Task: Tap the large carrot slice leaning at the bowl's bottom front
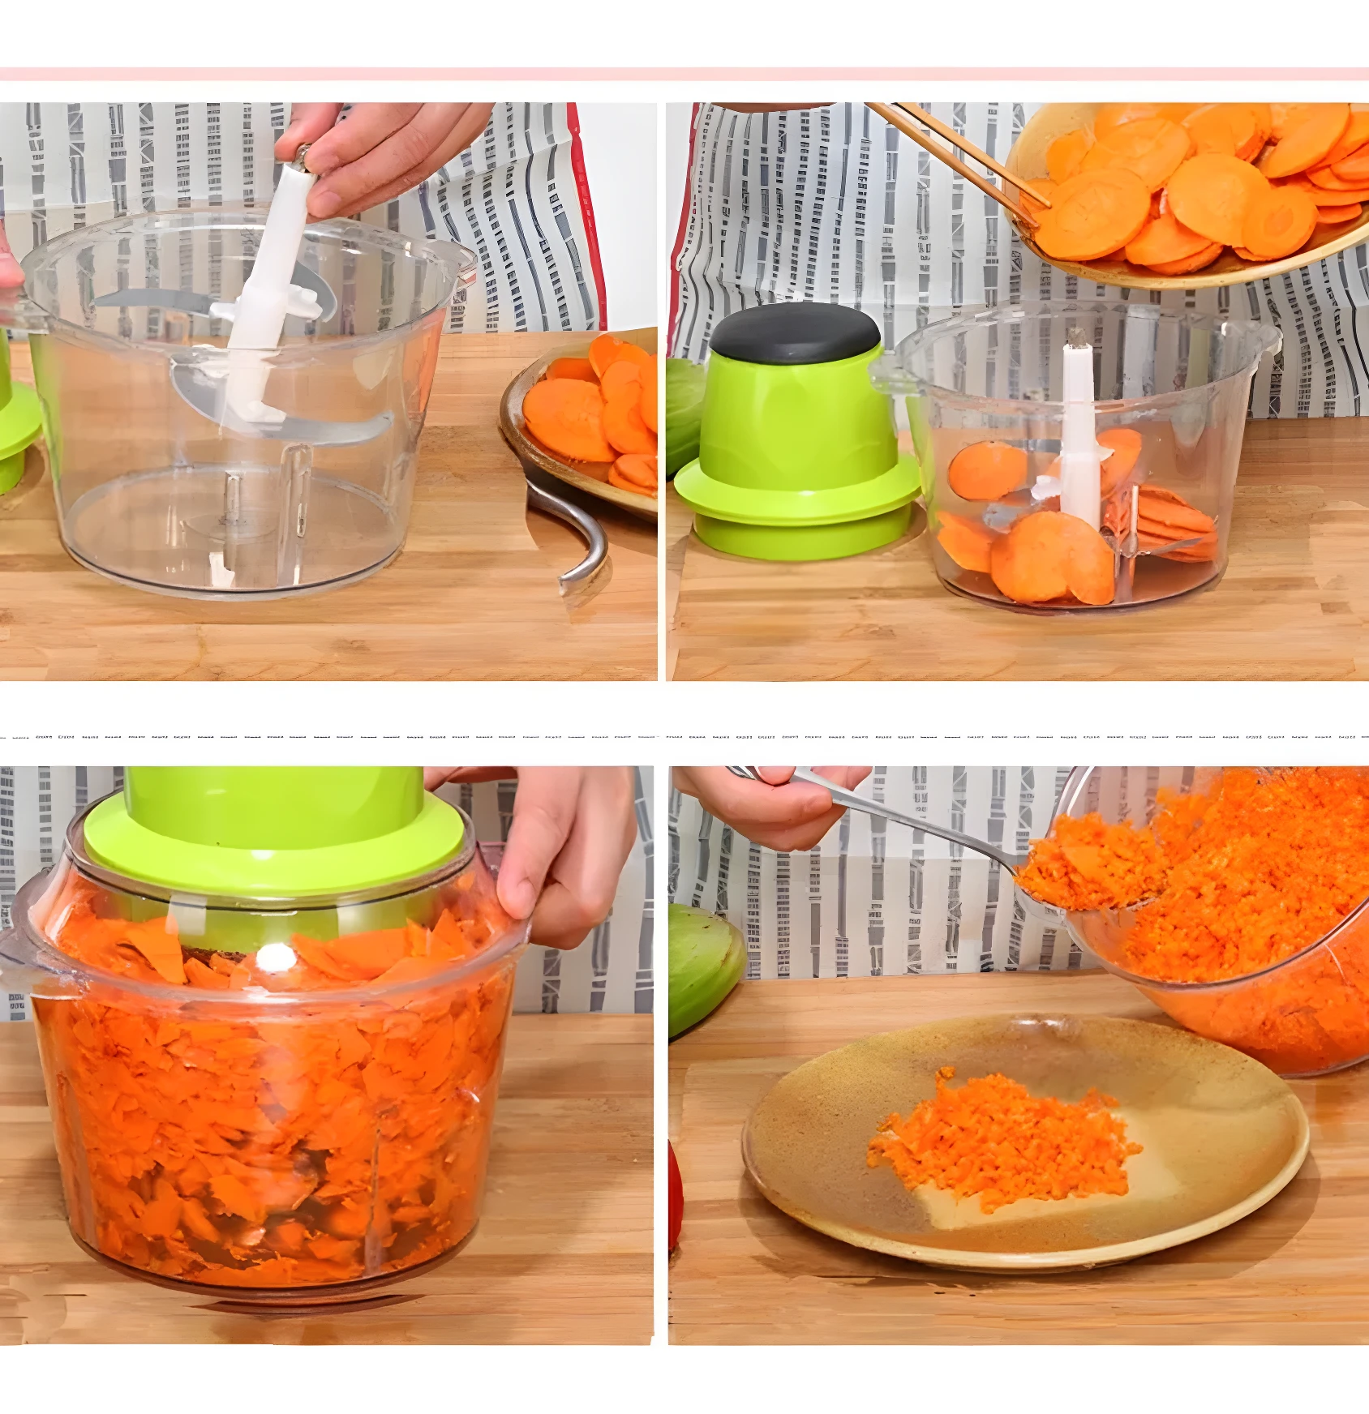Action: pyautogui.click(x=1050, y=559)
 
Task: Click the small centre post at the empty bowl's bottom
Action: pyautogui.click(x=233, y=507)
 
